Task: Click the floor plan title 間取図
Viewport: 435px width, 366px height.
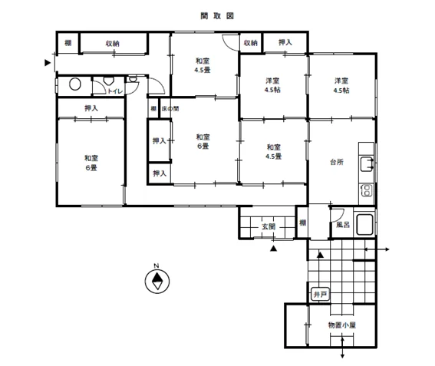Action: coord(217,16)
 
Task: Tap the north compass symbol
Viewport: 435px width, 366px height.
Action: coord(157,281)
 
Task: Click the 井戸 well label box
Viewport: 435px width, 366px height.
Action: coord(320,294)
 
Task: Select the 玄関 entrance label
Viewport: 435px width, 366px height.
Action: coord(269,226)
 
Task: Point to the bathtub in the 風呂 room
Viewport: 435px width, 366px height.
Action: coord(364,224)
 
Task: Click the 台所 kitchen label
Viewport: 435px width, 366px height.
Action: coord(337,162)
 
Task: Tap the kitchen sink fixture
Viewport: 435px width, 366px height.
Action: coord(367,164)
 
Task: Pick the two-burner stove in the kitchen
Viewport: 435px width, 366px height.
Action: coord(367,190)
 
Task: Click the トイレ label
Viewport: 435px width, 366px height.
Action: coord(115,91)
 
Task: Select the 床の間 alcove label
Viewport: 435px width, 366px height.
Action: coord(170,108)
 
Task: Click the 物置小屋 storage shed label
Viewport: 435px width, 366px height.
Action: coord(342,325)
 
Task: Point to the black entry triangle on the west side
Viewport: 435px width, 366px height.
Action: coord(48,63)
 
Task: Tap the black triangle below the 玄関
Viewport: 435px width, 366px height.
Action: coord(274,249)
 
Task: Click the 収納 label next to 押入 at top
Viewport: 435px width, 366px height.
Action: coord(251,43)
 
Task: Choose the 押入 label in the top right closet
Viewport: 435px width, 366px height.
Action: coord(285,42)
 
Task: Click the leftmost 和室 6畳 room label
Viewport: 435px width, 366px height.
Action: coord(91,163)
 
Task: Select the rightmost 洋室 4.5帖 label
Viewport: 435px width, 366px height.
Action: coord(341,85)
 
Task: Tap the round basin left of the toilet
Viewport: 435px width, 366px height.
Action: coord(75,84)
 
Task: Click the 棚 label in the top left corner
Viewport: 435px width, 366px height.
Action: coord(68,43)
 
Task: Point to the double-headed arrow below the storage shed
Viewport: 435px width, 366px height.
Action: coord(342,347)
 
